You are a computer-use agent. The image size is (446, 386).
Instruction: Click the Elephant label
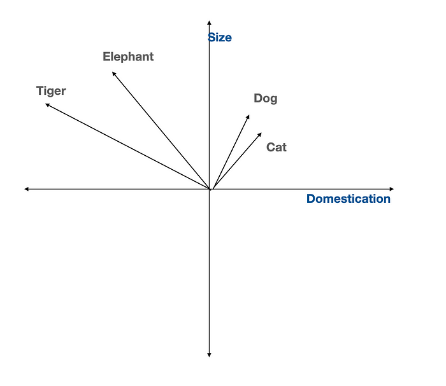click(128, 57)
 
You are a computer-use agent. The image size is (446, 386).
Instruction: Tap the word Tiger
click(51, 91)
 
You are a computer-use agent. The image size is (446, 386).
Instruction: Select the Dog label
click(266, 99)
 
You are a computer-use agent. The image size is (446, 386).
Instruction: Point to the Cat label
click(277, 147)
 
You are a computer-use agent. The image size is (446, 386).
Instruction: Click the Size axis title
click(220, 38)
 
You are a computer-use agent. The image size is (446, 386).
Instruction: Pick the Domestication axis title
click(349, 198)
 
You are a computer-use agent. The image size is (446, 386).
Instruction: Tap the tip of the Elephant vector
click(112, 72)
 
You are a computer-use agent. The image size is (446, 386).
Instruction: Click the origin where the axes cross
click(209, 189)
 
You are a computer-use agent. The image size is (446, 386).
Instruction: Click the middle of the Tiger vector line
click(127, 146)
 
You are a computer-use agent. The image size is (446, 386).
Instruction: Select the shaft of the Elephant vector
click(161, 130)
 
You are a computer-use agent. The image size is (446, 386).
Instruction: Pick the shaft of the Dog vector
click(231, 152)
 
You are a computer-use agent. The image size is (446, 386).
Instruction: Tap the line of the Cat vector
click(237, 161)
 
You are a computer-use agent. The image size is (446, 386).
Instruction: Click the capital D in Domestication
click(311, 198)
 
